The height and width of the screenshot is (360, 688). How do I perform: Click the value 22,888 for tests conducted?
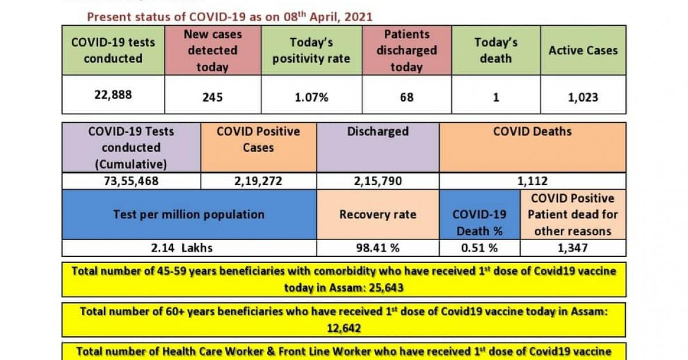pyautogui.click(x=113, y=95)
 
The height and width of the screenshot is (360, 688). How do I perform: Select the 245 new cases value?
pyautogui.click(x=212, y=97)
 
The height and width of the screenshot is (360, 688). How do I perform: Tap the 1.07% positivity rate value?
pyautogui.click(x=311, y=97)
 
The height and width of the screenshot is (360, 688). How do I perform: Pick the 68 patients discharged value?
pyautogui.click(x=406, y=97)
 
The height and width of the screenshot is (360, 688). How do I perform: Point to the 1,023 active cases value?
pyautogui.click(x=583, y=97)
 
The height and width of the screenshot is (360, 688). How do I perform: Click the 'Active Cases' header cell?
pyautogui.click(x=583, y=50)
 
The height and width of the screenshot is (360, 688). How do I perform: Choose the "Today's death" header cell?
pyautogui.click(x=495, y=50)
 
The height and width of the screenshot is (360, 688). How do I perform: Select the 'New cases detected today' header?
pyautogui.click(x=212, y=50)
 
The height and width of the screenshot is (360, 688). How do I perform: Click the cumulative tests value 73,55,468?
pyautogui.click(x=131, y=182)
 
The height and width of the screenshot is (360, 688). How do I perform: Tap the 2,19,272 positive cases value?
pyautogui.click(x=258, y=182)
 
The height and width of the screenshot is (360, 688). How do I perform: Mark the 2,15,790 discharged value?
pyautogui.click(x=377, y=182)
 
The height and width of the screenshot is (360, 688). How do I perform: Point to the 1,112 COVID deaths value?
pyautogui.click(x=532, y=182)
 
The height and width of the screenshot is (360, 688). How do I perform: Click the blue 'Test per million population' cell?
pyautogui.click(x=189, y=215)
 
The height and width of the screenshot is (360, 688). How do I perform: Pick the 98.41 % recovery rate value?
pyautogui.click(x=377, y=248)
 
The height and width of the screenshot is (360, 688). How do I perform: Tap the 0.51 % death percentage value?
pyautogui.click(x=479, y=248)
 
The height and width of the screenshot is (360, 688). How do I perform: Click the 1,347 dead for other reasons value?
pyautogui.click(x=573, y=248)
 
